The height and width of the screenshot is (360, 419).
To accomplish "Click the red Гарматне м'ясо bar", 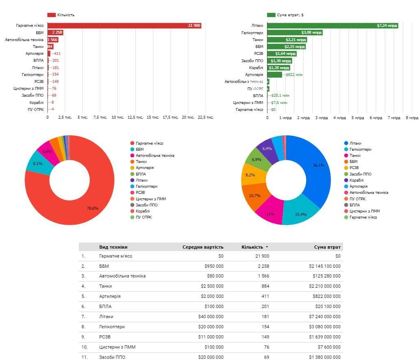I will (x=122, y=26).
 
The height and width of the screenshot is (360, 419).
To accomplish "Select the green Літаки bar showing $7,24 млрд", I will (x=325, y=26).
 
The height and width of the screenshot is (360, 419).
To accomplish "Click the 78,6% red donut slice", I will (x=81, y=203).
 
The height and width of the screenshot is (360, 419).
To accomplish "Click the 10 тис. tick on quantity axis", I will (x=118, y=117).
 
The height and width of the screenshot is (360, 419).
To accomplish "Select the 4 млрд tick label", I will (x=339, y=118).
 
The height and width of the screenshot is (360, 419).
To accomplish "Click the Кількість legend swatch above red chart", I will (x=51, y=15).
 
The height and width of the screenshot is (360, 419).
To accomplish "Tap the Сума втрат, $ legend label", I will (x=290, y=15).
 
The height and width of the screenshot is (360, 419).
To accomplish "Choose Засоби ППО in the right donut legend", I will (x=360, y=174).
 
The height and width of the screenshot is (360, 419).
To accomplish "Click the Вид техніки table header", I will (x=113, y=247).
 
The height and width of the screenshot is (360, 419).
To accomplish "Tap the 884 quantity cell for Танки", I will (x=265, y=286).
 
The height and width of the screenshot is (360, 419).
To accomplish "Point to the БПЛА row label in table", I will (x=105, y=306).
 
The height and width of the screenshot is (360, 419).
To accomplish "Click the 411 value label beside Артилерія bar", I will (x=57, y=54).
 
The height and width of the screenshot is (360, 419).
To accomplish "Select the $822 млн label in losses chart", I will (x=294, y=75).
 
